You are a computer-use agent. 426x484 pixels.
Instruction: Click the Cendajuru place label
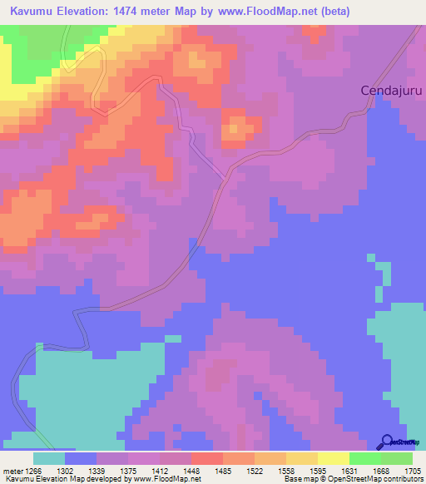pos(391,90)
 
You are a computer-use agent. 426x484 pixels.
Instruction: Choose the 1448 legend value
pos(191,472)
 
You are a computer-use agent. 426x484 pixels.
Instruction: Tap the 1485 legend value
pos(222,472)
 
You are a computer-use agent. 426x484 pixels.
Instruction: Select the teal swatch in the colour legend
pos(49,458)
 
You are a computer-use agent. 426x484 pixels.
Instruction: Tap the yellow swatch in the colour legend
pos(333,458)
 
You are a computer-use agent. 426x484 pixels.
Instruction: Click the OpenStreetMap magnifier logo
pos(384,441)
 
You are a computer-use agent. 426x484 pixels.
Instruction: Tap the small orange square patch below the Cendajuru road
pos(236,129)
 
